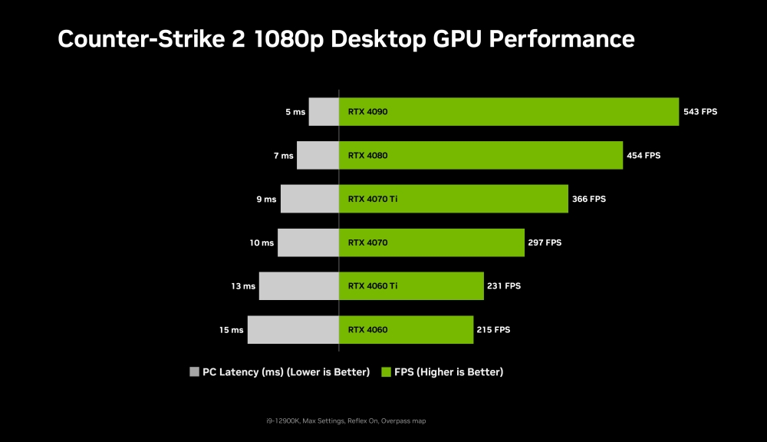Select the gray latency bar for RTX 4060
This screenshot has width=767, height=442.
(293, 330)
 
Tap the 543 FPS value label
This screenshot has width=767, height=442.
(700, 111)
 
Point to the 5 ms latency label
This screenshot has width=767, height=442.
(295, 112)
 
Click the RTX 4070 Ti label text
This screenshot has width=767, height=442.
(373, 199)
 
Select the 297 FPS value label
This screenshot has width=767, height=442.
(545, 242)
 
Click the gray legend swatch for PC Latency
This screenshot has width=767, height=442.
(194, 372)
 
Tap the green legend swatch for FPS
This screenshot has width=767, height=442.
(386, 372)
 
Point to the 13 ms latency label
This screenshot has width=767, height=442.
(243, 286)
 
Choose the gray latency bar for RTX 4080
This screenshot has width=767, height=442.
(318, 155)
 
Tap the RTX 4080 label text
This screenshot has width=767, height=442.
(367, 155)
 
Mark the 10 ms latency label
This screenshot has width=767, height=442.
(262, 242)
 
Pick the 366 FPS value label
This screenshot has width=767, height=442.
(588, 199)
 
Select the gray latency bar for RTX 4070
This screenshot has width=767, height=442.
(308, 242)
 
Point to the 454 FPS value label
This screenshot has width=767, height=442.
(643, 155)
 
